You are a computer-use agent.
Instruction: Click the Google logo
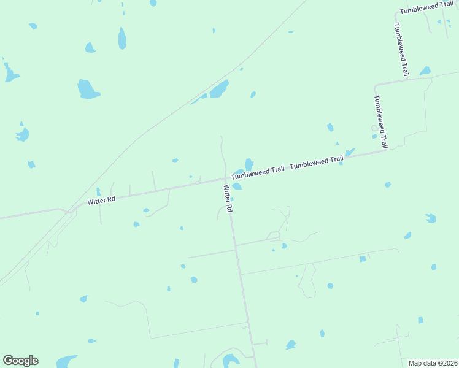20,361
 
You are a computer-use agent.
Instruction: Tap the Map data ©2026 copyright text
433,363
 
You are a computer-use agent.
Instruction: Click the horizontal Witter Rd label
102,201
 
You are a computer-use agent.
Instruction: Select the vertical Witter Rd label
228,199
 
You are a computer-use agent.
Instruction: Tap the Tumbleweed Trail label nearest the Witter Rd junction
258,172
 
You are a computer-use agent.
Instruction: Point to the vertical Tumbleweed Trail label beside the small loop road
381,121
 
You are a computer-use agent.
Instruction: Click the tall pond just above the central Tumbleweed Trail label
249,164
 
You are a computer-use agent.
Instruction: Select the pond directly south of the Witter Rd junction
237,186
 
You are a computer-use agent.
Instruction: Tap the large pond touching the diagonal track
218,90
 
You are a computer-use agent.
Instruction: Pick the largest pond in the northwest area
87,90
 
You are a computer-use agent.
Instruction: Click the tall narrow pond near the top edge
122,38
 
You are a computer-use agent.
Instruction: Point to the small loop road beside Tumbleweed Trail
374,128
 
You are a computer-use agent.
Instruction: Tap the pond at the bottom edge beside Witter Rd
231,360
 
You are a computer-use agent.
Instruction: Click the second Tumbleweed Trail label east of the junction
316,163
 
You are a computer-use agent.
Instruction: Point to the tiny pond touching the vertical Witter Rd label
231,199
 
